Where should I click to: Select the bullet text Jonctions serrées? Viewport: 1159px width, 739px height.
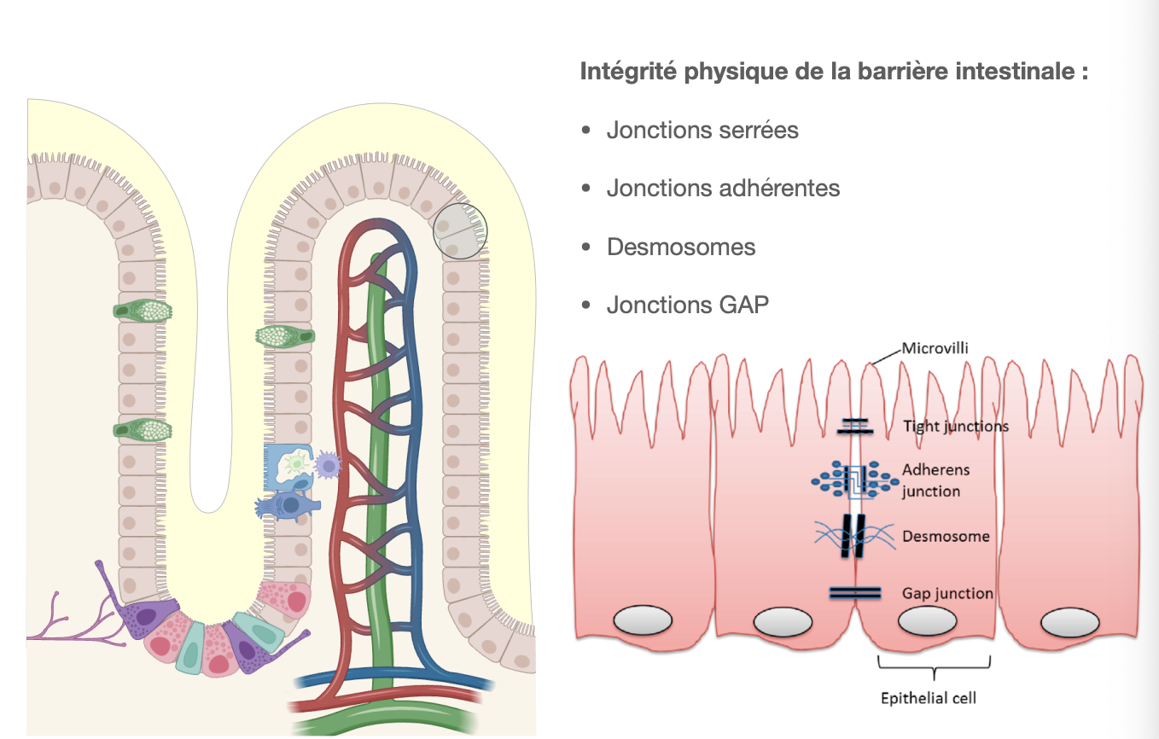(702, 131)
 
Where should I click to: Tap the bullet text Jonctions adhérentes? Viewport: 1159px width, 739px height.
(723, 189)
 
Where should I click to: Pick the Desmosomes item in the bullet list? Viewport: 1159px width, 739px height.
(681, 247)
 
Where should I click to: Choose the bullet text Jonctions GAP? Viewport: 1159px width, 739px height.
(687, 305)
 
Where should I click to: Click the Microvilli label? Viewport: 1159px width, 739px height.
(935, 348)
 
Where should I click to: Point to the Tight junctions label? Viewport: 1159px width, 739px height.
(955, 426)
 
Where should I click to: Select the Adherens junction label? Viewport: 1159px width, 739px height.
(935, 480)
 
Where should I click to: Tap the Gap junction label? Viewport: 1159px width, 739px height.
(947, 593)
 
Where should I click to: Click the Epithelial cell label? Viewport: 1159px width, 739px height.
(928, 698)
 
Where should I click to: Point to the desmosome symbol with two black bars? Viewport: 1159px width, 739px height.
(856, 536)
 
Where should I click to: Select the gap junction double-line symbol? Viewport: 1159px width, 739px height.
(856, 592)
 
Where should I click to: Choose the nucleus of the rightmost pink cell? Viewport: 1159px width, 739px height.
(1069, 621)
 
